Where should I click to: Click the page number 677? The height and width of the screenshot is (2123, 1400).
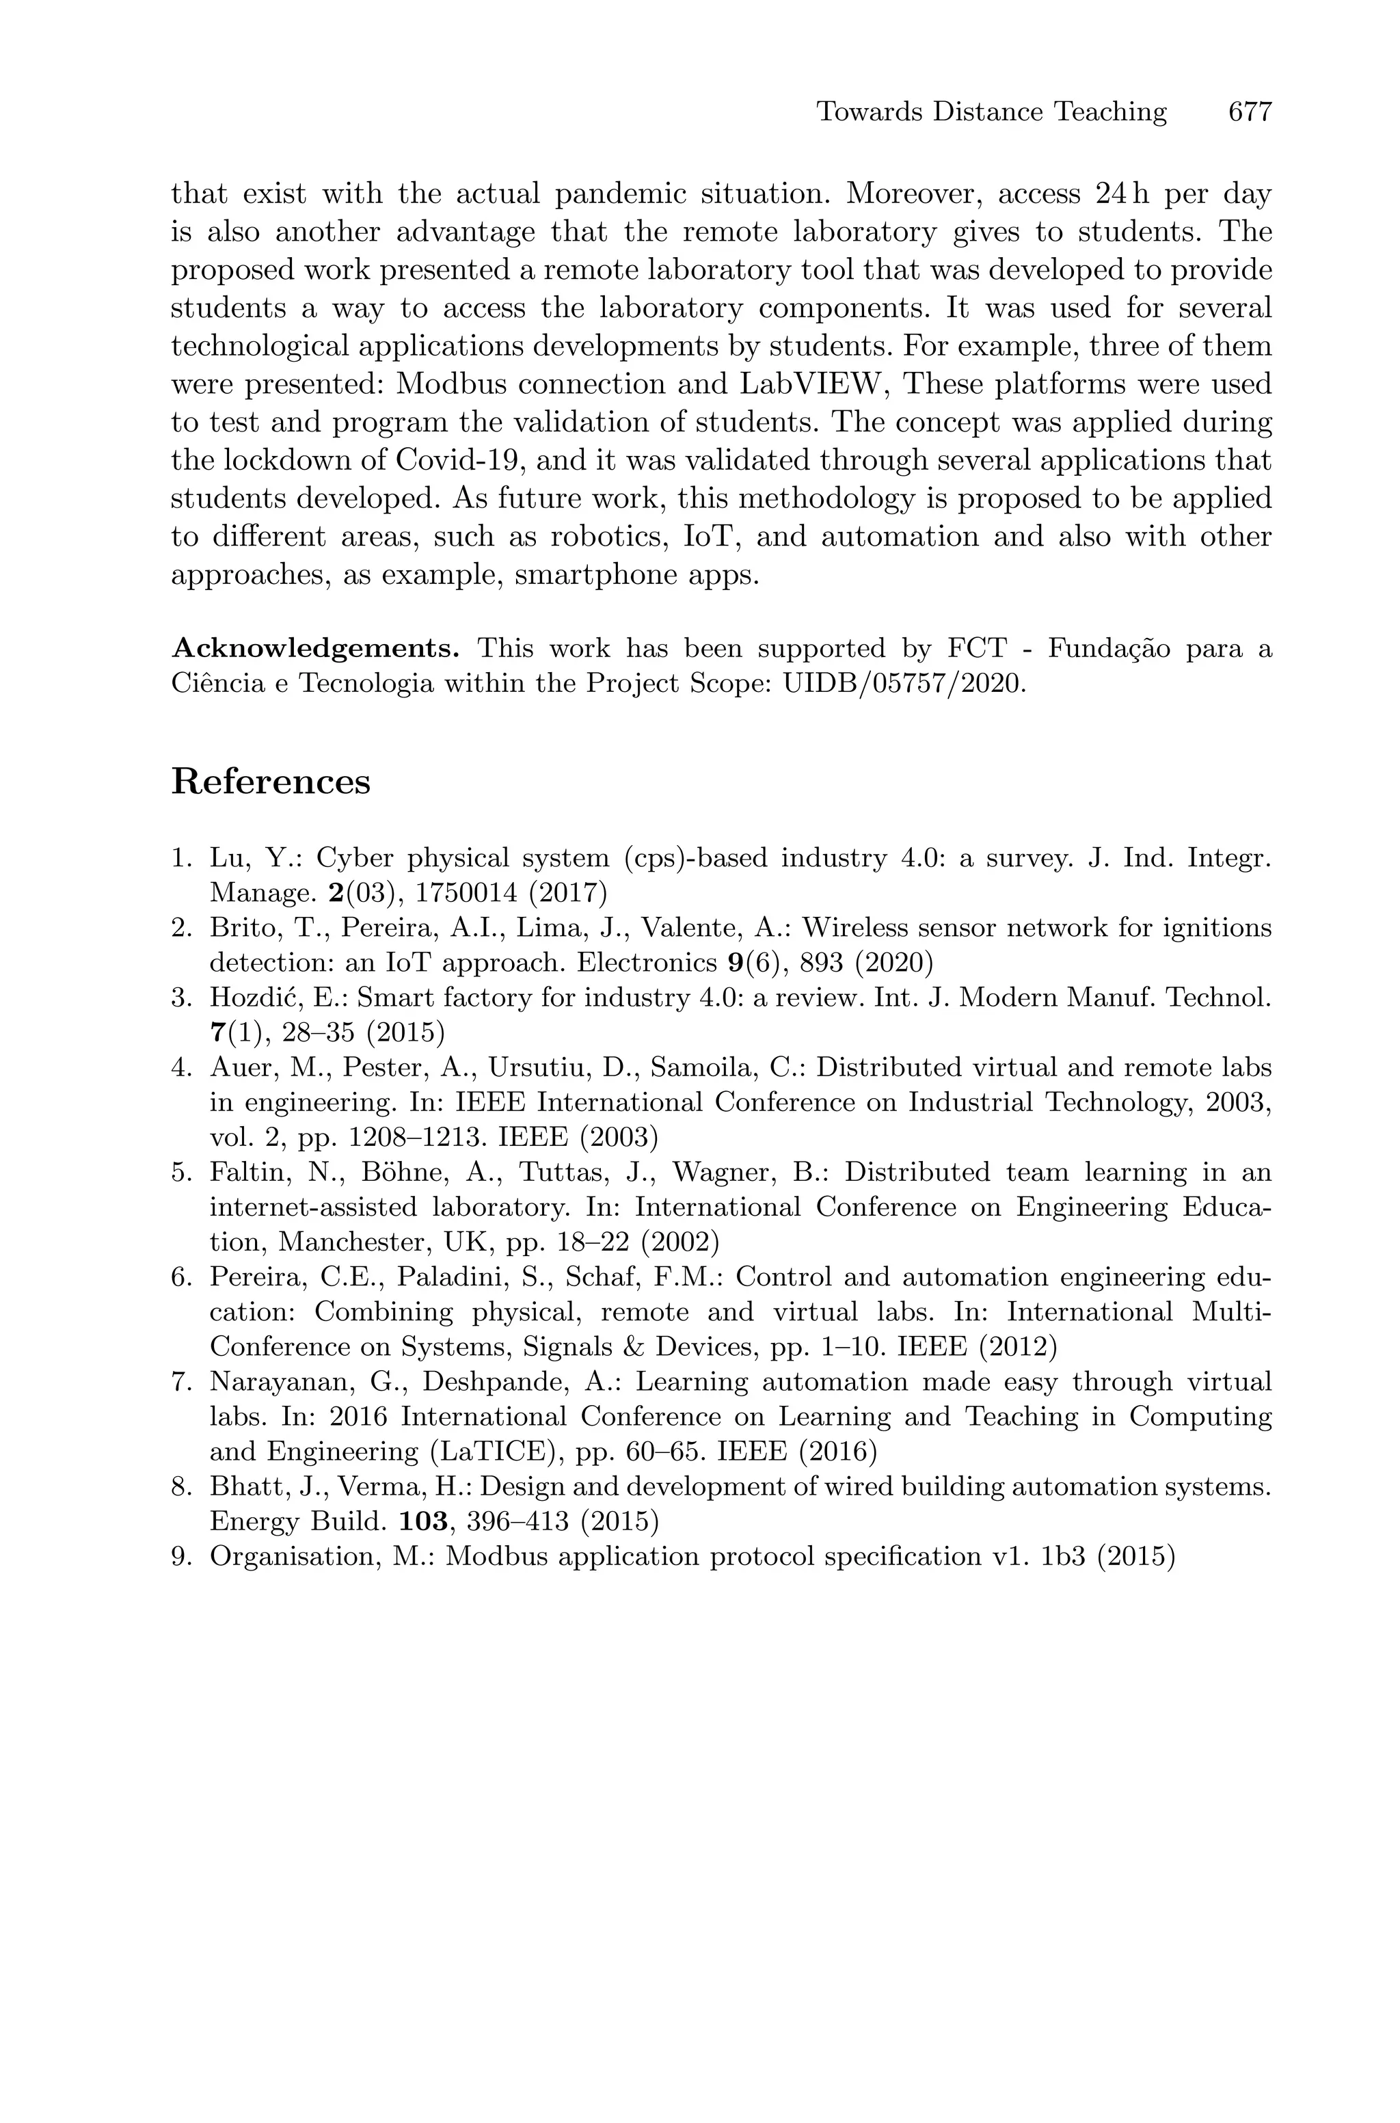1249,113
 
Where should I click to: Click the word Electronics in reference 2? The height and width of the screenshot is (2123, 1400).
647,963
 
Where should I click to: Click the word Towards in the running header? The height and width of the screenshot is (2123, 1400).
870,113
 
